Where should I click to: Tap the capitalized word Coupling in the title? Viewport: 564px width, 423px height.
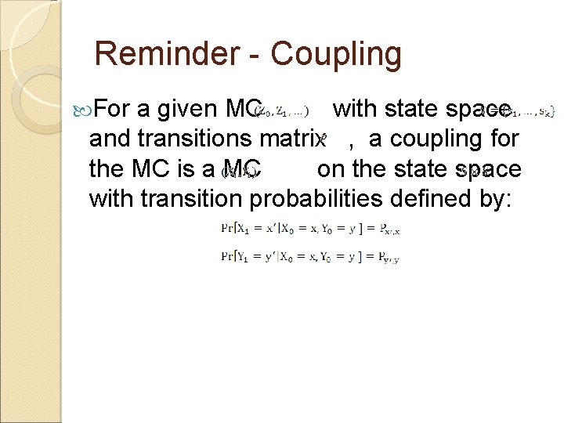point(337,54)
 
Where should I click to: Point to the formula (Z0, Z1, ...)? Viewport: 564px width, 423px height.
point(282,112)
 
